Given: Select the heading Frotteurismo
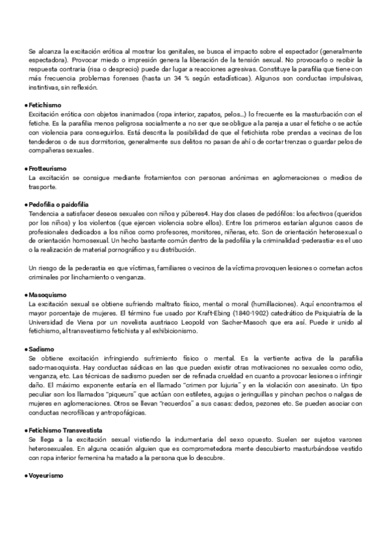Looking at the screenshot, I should [47, 168].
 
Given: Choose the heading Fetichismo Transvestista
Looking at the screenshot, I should [65, 412].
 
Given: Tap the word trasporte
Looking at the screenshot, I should [43, 187].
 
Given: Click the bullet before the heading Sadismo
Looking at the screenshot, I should [26, 350].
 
